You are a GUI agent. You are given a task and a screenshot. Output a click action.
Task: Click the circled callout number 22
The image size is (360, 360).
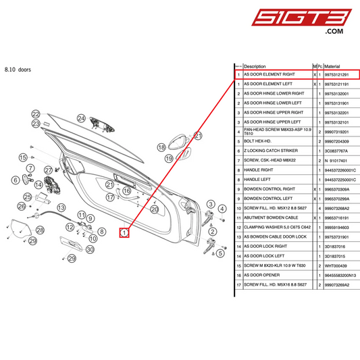pyautogui.click(x=36, y=114)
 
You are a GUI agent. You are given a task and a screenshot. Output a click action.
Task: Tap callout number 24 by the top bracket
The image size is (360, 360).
pyautogui.click(x=81, y=118)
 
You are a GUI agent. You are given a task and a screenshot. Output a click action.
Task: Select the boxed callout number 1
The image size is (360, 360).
pyautogui.click(x=124, y=233)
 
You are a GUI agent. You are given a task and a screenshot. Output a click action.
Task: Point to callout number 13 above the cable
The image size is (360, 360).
pyautogui.click(x=61, y=207)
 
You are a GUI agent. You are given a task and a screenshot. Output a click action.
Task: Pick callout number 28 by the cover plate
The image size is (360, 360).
pyautogui.click(x=40, y=230)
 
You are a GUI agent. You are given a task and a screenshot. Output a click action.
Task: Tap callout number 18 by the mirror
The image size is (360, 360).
pyautogui.click(x=161, y=147)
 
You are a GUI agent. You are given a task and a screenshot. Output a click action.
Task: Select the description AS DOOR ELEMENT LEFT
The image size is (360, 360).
pyautogui.click(x=269, y=84)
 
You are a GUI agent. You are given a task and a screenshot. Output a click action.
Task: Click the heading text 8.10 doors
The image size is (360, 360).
pyautogui.click(x=18, y=69)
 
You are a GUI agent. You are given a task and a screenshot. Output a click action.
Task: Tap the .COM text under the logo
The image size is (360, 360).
pyautogui.click(x=334, y=32)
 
